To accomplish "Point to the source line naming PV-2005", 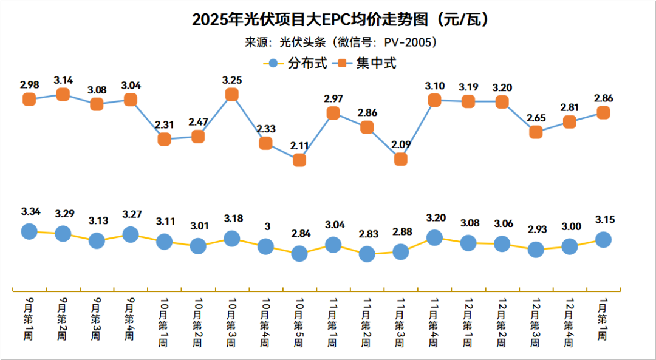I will point(341,42).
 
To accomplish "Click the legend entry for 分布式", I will point(298,63).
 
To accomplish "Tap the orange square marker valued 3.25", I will point(231,94).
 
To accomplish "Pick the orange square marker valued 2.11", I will point(299,160).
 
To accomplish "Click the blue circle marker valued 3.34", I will point(29,231).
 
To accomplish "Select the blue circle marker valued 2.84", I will point(299,253).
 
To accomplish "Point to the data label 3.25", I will point(231,80).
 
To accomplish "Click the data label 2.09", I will point(400,144).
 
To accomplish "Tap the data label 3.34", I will point(30,212).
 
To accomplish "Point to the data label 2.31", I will point(165,124).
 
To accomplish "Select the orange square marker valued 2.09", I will point(400,159).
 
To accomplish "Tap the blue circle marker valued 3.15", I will point(603,240).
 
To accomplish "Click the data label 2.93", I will point(536,231).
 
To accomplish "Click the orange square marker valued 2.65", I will point(536,132).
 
